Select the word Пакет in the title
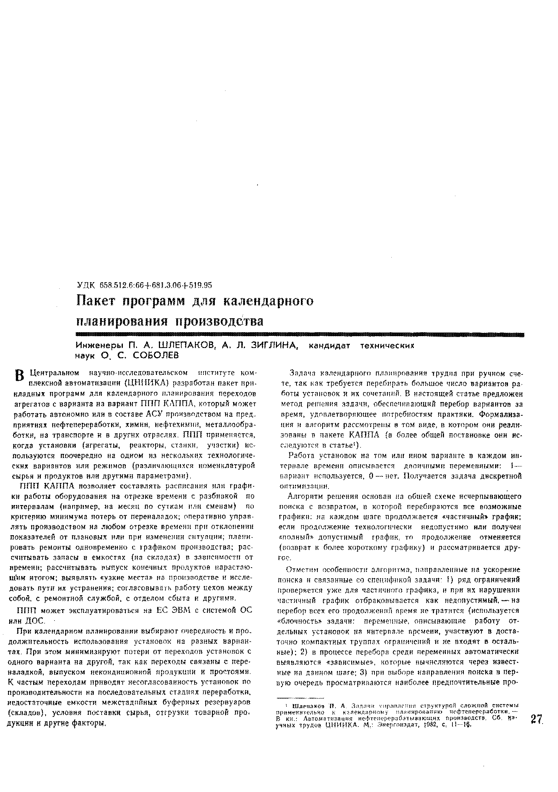97,301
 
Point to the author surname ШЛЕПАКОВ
185,345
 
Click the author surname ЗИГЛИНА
268,345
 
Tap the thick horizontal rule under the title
298,334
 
